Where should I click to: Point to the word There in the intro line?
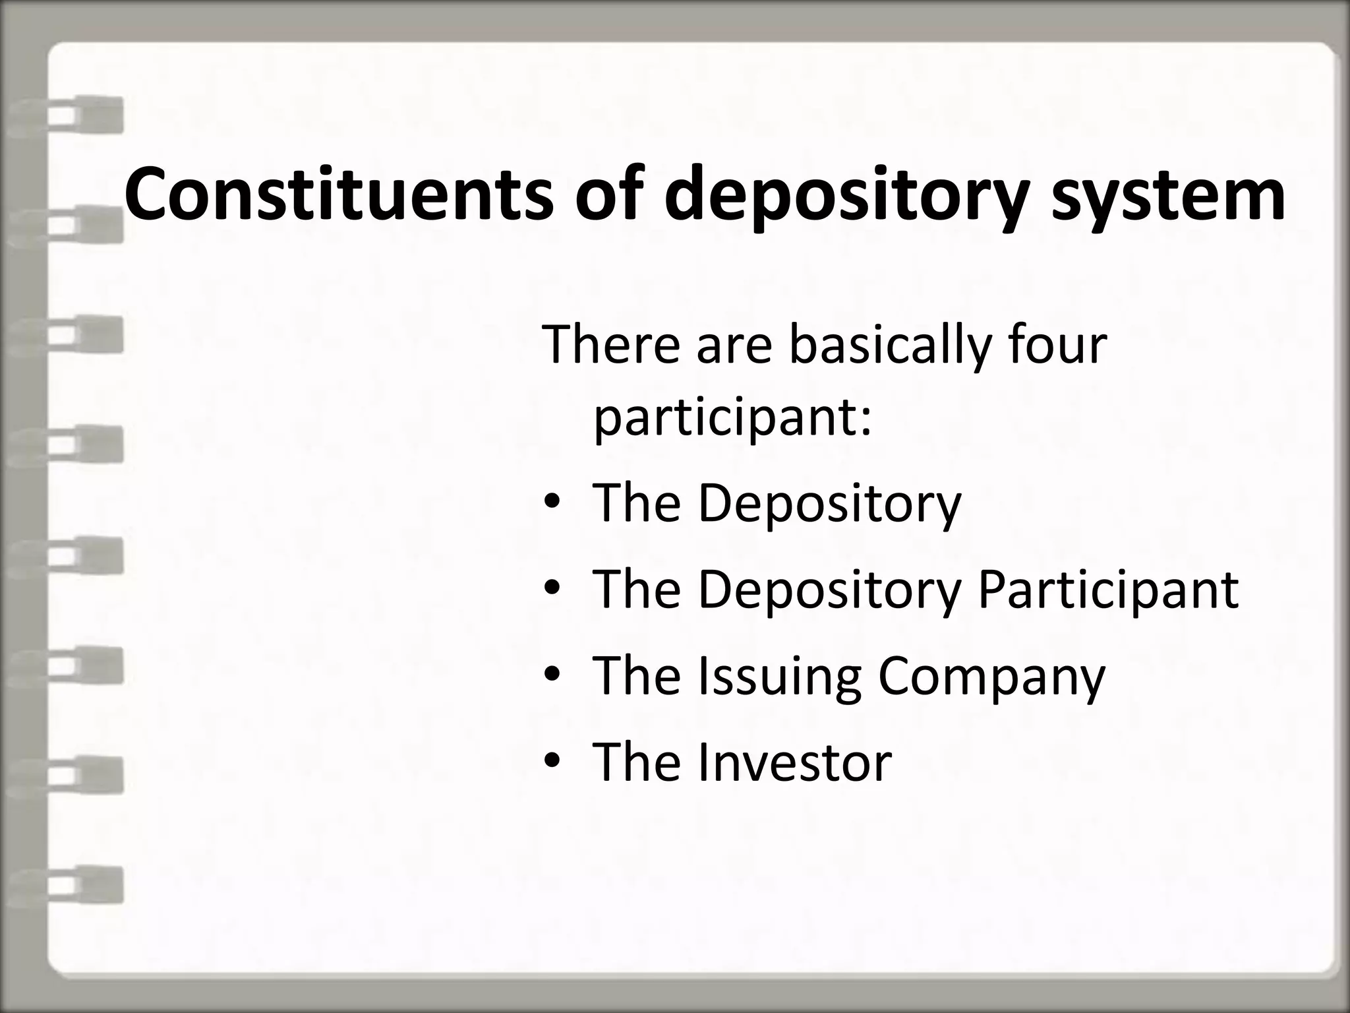(610, 345)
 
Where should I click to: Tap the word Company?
(991, 678)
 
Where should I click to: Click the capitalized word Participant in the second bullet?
(1107, 590)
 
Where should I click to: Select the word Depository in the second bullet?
(829, 591)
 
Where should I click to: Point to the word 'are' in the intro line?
(734, 348)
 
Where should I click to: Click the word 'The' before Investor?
(637, 762)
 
